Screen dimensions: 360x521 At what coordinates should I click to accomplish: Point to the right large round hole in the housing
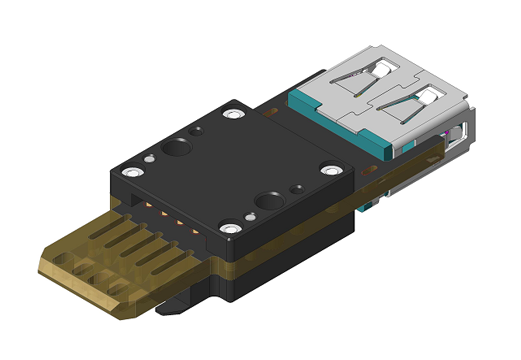tap(269, 201)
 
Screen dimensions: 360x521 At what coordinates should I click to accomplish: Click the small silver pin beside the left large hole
tap(150, 158)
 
